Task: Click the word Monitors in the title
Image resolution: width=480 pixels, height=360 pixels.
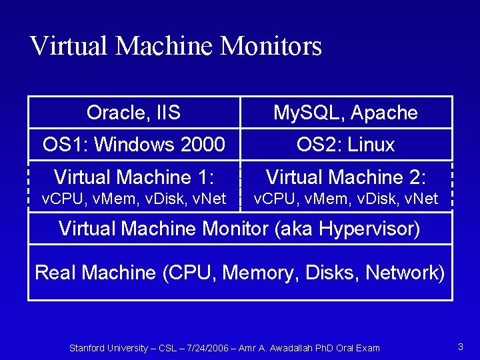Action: [x=271, y=46]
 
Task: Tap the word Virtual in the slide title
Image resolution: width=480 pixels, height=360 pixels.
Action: [x=69, y=46]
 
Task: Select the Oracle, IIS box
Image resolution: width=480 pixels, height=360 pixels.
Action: [x=133, y=113]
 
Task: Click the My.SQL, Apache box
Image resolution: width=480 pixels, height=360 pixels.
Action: [x=345, y=113]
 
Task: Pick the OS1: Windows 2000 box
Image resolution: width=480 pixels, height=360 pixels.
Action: [x=133, y=145]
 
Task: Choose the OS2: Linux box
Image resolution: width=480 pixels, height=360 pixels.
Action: [x=345, y=145]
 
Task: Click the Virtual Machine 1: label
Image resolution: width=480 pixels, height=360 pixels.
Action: [x=133, y=177]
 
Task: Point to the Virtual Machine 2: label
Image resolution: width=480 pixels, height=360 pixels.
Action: [x=345, y=177]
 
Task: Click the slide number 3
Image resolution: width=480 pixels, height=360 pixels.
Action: [x=460, y=347]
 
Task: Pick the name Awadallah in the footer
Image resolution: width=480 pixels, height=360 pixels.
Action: [x=289, y=348]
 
